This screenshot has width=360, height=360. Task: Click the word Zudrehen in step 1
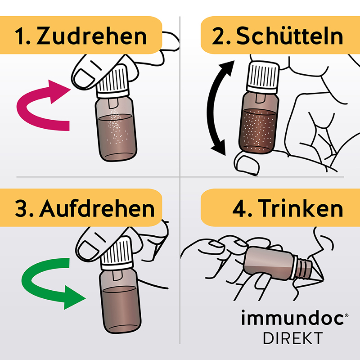92,36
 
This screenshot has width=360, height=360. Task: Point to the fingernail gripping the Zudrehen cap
83,77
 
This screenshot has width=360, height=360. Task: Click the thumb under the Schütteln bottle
245,163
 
